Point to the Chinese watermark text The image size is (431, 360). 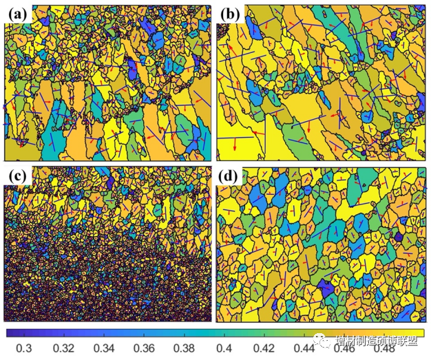pos(375,341)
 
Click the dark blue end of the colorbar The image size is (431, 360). pos(10,332)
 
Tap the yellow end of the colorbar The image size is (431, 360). pos(419,332)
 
